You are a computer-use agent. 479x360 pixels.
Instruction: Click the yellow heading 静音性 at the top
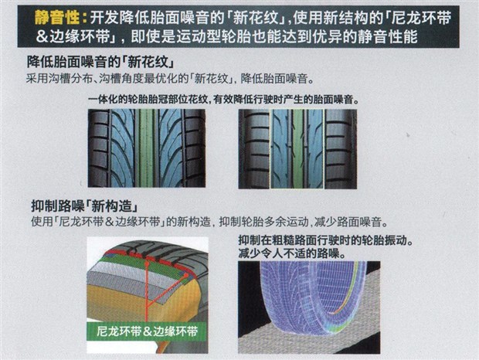(62, 16)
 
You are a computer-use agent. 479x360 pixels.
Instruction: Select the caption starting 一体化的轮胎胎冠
(224, 100)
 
